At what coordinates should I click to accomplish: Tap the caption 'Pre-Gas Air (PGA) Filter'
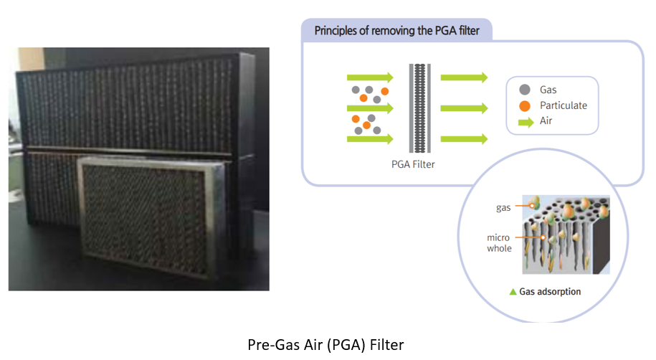click(x=328, y=344)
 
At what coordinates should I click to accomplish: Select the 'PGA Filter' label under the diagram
click(x=415, y=164)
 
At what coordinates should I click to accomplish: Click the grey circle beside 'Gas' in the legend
click(x=525, y=90)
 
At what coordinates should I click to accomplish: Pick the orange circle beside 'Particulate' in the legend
click(x=525, y=105)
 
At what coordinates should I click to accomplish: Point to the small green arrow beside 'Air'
click(x=526, y=121)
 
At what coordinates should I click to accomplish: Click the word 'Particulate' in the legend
click(x=563, y=105)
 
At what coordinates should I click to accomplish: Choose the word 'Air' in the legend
click(x=547, y=121)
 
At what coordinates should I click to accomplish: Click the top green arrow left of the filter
click(x=369, y=77)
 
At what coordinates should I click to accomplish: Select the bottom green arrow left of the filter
click(x=369, y=138)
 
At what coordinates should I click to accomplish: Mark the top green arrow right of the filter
click(x=464, y=77)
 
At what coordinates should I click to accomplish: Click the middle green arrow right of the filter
click(x=464, y=108)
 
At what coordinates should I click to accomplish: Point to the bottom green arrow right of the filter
click(x=464, y=138)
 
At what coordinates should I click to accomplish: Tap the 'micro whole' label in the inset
click(x=499, y=242)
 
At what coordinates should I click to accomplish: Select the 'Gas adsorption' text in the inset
click(x=550, y=292)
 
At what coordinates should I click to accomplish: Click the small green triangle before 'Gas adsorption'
click(x=512, y=292)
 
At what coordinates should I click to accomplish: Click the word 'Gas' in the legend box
click(x=548, y=90)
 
